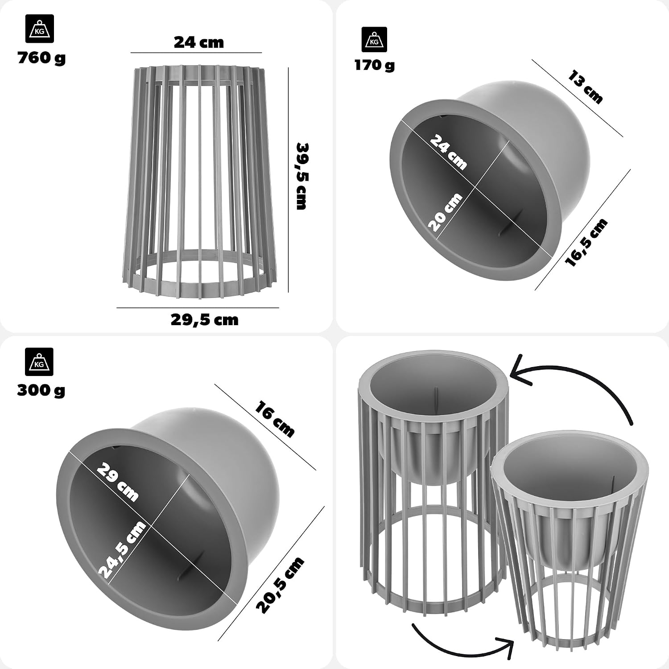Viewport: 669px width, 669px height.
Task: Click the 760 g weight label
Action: click(x=41, y=58)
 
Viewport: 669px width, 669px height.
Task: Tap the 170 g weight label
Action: click(x=375, y=66)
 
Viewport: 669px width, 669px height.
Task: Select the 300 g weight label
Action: click(x=41, y=390)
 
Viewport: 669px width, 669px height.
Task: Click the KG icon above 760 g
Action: click(x=39, y=29)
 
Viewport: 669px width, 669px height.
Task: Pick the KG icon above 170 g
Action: click(x=374, y=40)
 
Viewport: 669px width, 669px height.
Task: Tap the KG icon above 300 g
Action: click(x=39, y=362)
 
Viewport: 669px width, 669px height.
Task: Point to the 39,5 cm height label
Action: click(x=302, y=176)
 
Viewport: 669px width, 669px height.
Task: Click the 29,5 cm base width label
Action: click(x=205, y=320)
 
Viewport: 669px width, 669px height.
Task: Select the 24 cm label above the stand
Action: click(x=199, y=42)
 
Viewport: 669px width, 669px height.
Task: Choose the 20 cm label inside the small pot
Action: click(x=445, y=212)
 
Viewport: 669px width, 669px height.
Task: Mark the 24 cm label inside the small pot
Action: click(x=448, y=152)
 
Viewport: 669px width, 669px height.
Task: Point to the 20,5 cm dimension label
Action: click(x=280, y=585)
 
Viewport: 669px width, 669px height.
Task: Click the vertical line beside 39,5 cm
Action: click(x=289, y=180)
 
